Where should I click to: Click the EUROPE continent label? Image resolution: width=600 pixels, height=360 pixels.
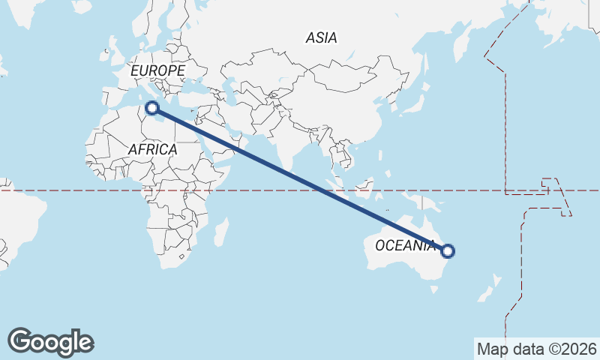pos(157,70)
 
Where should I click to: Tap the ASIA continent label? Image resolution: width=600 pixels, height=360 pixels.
pos(321,37)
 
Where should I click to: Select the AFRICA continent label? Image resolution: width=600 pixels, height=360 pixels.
pos(152,149)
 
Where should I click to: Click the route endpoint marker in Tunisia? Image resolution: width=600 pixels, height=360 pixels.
pos(152,108)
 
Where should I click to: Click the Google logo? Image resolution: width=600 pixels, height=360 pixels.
pos(50,342)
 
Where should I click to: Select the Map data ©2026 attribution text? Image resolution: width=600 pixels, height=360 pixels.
pos(537,349)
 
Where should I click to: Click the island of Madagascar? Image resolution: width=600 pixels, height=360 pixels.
pos(220,232)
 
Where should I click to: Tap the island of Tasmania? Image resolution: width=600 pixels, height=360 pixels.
pos(431,286)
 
